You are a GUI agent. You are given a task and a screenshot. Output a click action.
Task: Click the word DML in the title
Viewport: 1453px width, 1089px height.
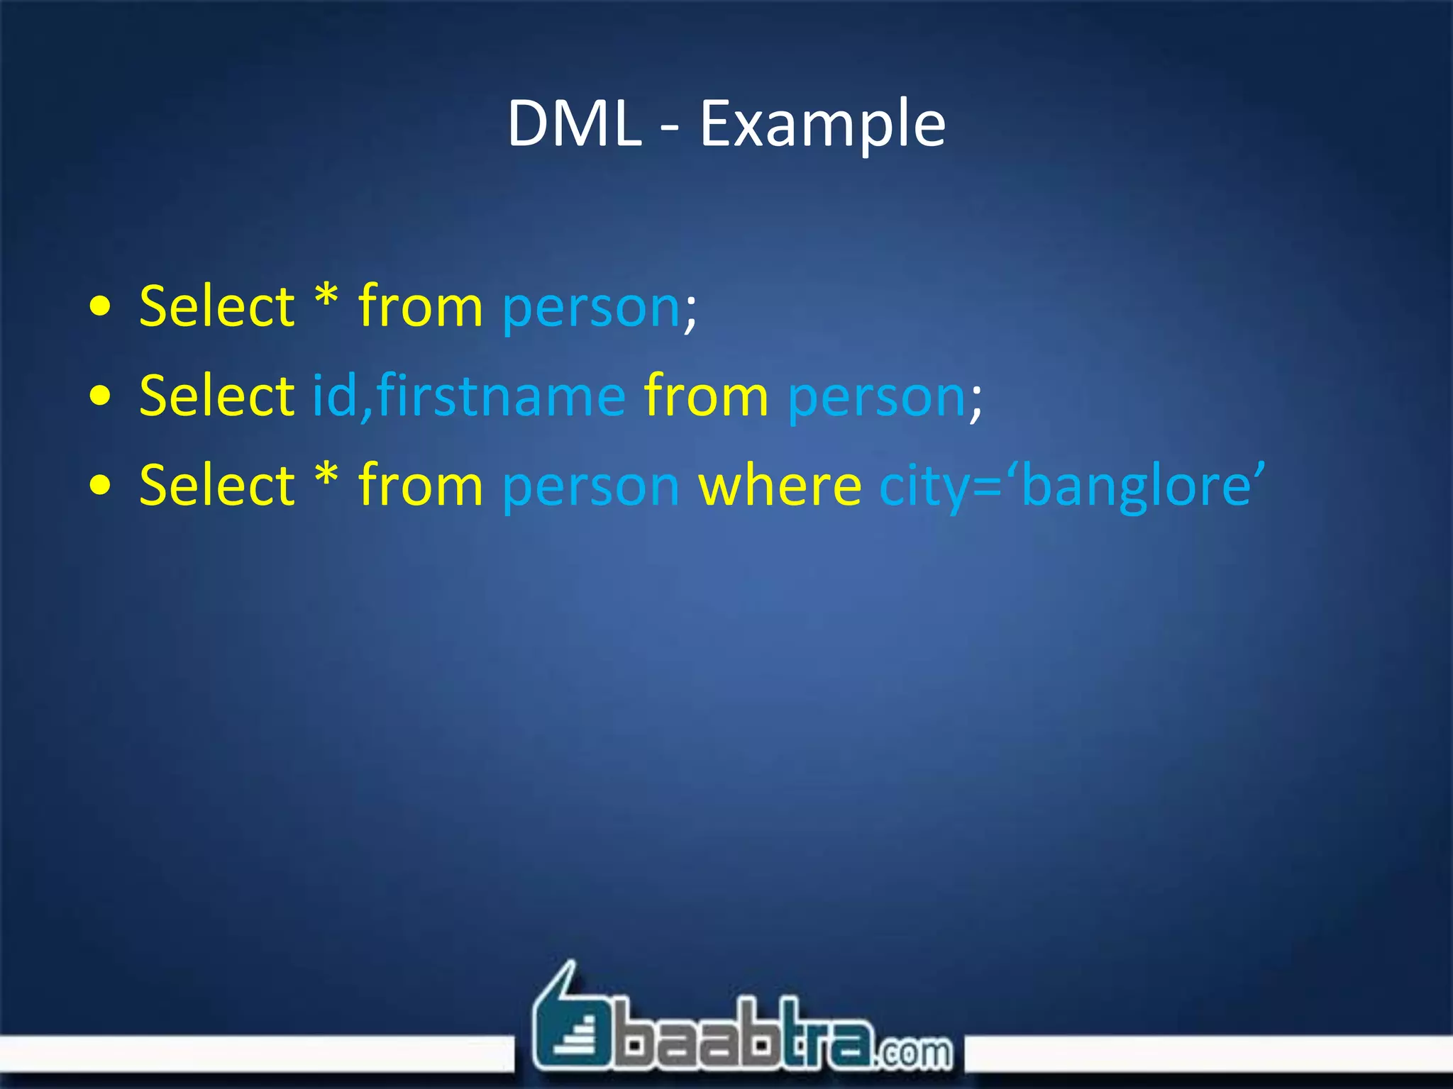coord(573,124)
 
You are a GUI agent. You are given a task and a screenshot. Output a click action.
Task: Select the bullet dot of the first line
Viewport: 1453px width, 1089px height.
coord(101,307)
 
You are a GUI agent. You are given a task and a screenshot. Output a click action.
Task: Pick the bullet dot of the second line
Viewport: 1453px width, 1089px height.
coord(101,396)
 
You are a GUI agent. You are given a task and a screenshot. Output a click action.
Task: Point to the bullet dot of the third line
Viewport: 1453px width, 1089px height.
coord(101,486)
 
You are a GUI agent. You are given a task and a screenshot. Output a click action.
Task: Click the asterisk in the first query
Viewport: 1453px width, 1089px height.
coord(326,296)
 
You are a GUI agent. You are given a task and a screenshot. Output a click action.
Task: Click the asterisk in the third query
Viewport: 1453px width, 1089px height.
coord(326,475)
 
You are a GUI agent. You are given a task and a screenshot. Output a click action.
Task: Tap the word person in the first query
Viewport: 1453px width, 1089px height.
coord(591,309)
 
